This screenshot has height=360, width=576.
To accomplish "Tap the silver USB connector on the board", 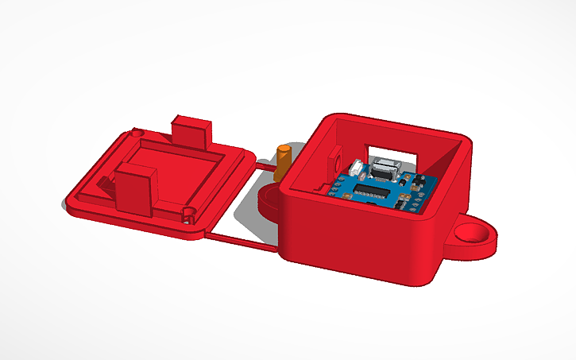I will [386, 168].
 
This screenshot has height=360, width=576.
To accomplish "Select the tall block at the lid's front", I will [135, 188].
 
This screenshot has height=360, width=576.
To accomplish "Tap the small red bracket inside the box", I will [334, 158].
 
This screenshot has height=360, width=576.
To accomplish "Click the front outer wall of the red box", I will [358, 242].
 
